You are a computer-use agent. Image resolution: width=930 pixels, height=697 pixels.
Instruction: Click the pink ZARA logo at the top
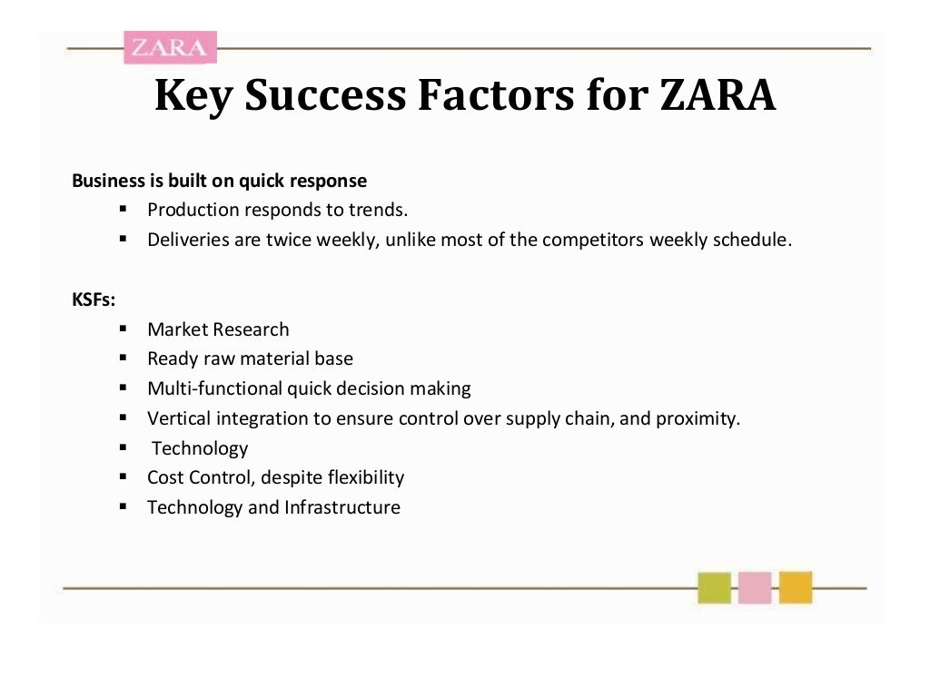click(x=170, y=47)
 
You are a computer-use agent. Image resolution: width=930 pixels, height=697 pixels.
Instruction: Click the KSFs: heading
click(x=94, y=299)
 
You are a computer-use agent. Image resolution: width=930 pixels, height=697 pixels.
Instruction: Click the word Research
click(x=252, y=329)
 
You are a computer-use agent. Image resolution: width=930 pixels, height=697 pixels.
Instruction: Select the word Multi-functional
click(x=215, y=388)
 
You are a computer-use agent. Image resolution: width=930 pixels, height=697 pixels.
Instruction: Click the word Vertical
click(x=178, y=418)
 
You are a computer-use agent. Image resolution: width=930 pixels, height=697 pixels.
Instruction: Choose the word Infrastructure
click(x=342, y=507)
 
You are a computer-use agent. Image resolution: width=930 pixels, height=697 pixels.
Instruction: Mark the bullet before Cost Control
click(x=123, y=476)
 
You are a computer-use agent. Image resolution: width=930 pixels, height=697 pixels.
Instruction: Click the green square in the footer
click(x=714, y=587)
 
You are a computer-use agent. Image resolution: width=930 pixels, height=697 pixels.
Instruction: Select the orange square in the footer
click(x=795, y=587)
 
